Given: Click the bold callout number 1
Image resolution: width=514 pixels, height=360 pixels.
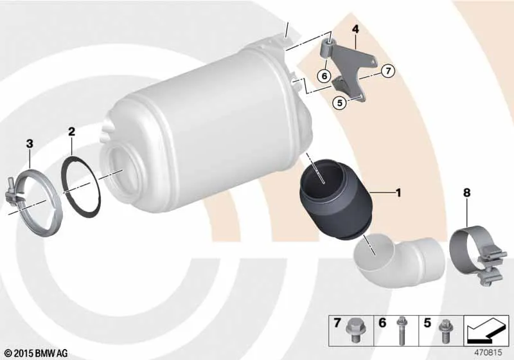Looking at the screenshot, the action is click(x=398, y=193).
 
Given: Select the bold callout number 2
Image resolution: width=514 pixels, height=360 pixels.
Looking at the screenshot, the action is click(x=71, y=132).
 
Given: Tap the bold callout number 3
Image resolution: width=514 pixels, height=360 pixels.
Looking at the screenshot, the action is click(x=30, y=143).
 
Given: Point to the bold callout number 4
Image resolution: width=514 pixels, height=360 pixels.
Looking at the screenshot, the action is click(x=356, y=29).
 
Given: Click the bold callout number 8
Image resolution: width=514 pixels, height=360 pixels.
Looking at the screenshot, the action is click(x=466, y=193).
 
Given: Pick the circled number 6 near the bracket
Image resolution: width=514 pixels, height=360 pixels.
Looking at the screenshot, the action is click(x=324, y=76).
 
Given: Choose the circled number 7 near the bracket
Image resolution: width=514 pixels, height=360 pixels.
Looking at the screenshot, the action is click(x=388, y=71).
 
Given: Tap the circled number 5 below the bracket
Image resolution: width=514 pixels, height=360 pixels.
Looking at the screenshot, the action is click(x=340, y=103).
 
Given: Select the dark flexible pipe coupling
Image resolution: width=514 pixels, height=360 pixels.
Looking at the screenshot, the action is click(x=336, y=199).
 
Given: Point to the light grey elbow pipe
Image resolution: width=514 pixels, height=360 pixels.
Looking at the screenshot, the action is click(x=398, y=259).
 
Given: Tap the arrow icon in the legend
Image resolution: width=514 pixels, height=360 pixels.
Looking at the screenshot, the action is click(x=486, y=330).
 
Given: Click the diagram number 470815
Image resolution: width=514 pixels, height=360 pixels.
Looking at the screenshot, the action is click(x=488, y=353).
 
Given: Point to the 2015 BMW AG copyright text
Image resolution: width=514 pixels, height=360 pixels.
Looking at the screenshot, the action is click(x=37, y=353).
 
